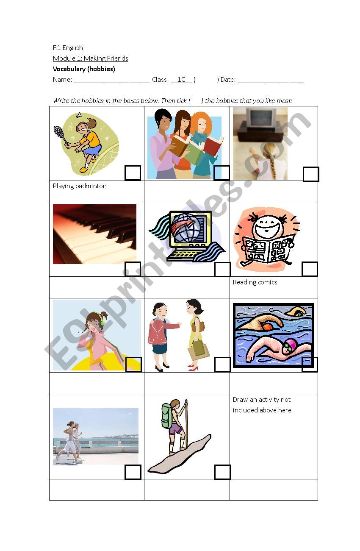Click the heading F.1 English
coord(68,48)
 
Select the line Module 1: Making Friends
coord(91,58)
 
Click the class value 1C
coord(181,79)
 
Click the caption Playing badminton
coord(80,186)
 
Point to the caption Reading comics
coord(255,282)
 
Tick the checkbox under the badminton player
coord(133,173)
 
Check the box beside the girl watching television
coord(311,174)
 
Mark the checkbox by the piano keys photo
coord(133,269)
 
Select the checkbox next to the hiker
coord(222,472)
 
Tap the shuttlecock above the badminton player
coord(79,115)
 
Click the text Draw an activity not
coord(262,400)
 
